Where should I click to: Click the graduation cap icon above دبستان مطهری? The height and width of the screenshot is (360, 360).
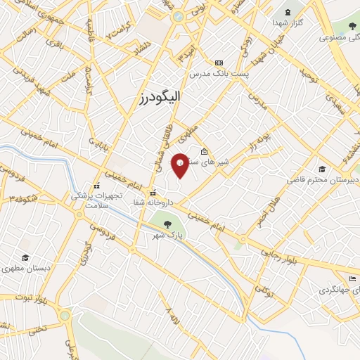pyautogui.click(x=26, y=258)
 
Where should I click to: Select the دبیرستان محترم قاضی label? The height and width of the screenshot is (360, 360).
pyautogui.click(x=320, y=180)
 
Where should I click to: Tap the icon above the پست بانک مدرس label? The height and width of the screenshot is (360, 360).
pyautogui.click(x=219, y=63)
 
